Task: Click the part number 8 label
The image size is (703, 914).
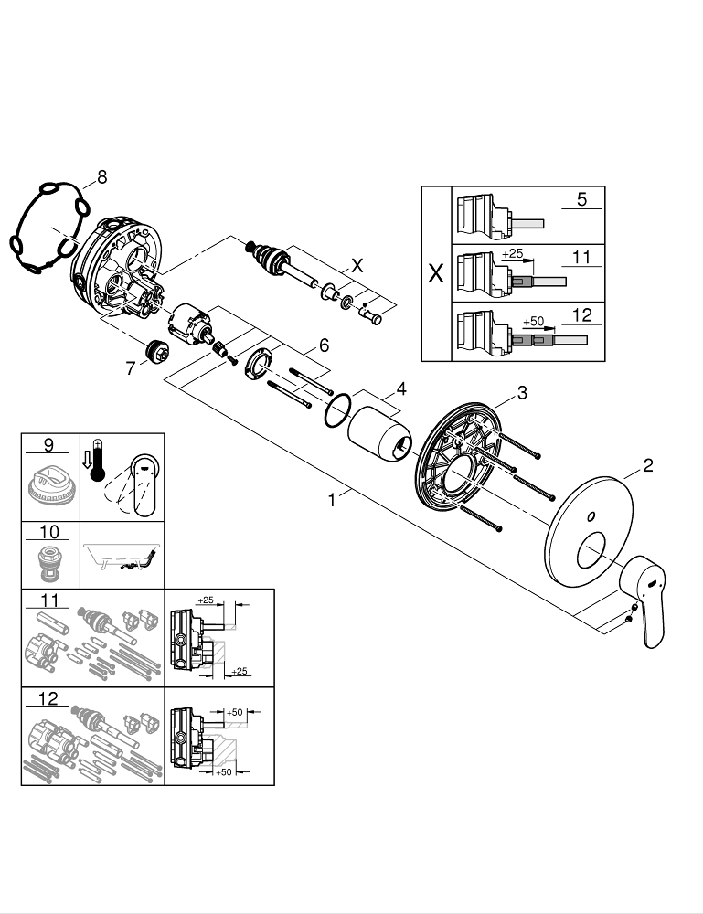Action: [x=101, y=177]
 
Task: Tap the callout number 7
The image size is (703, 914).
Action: [x=130, y=368]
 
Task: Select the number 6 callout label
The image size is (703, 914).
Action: [x=323, y=345]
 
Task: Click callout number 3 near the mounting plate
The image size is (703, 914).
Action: [x=522, y=393]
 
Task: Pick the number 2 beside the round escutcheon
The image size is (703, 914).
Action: [x=647, y=466]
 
